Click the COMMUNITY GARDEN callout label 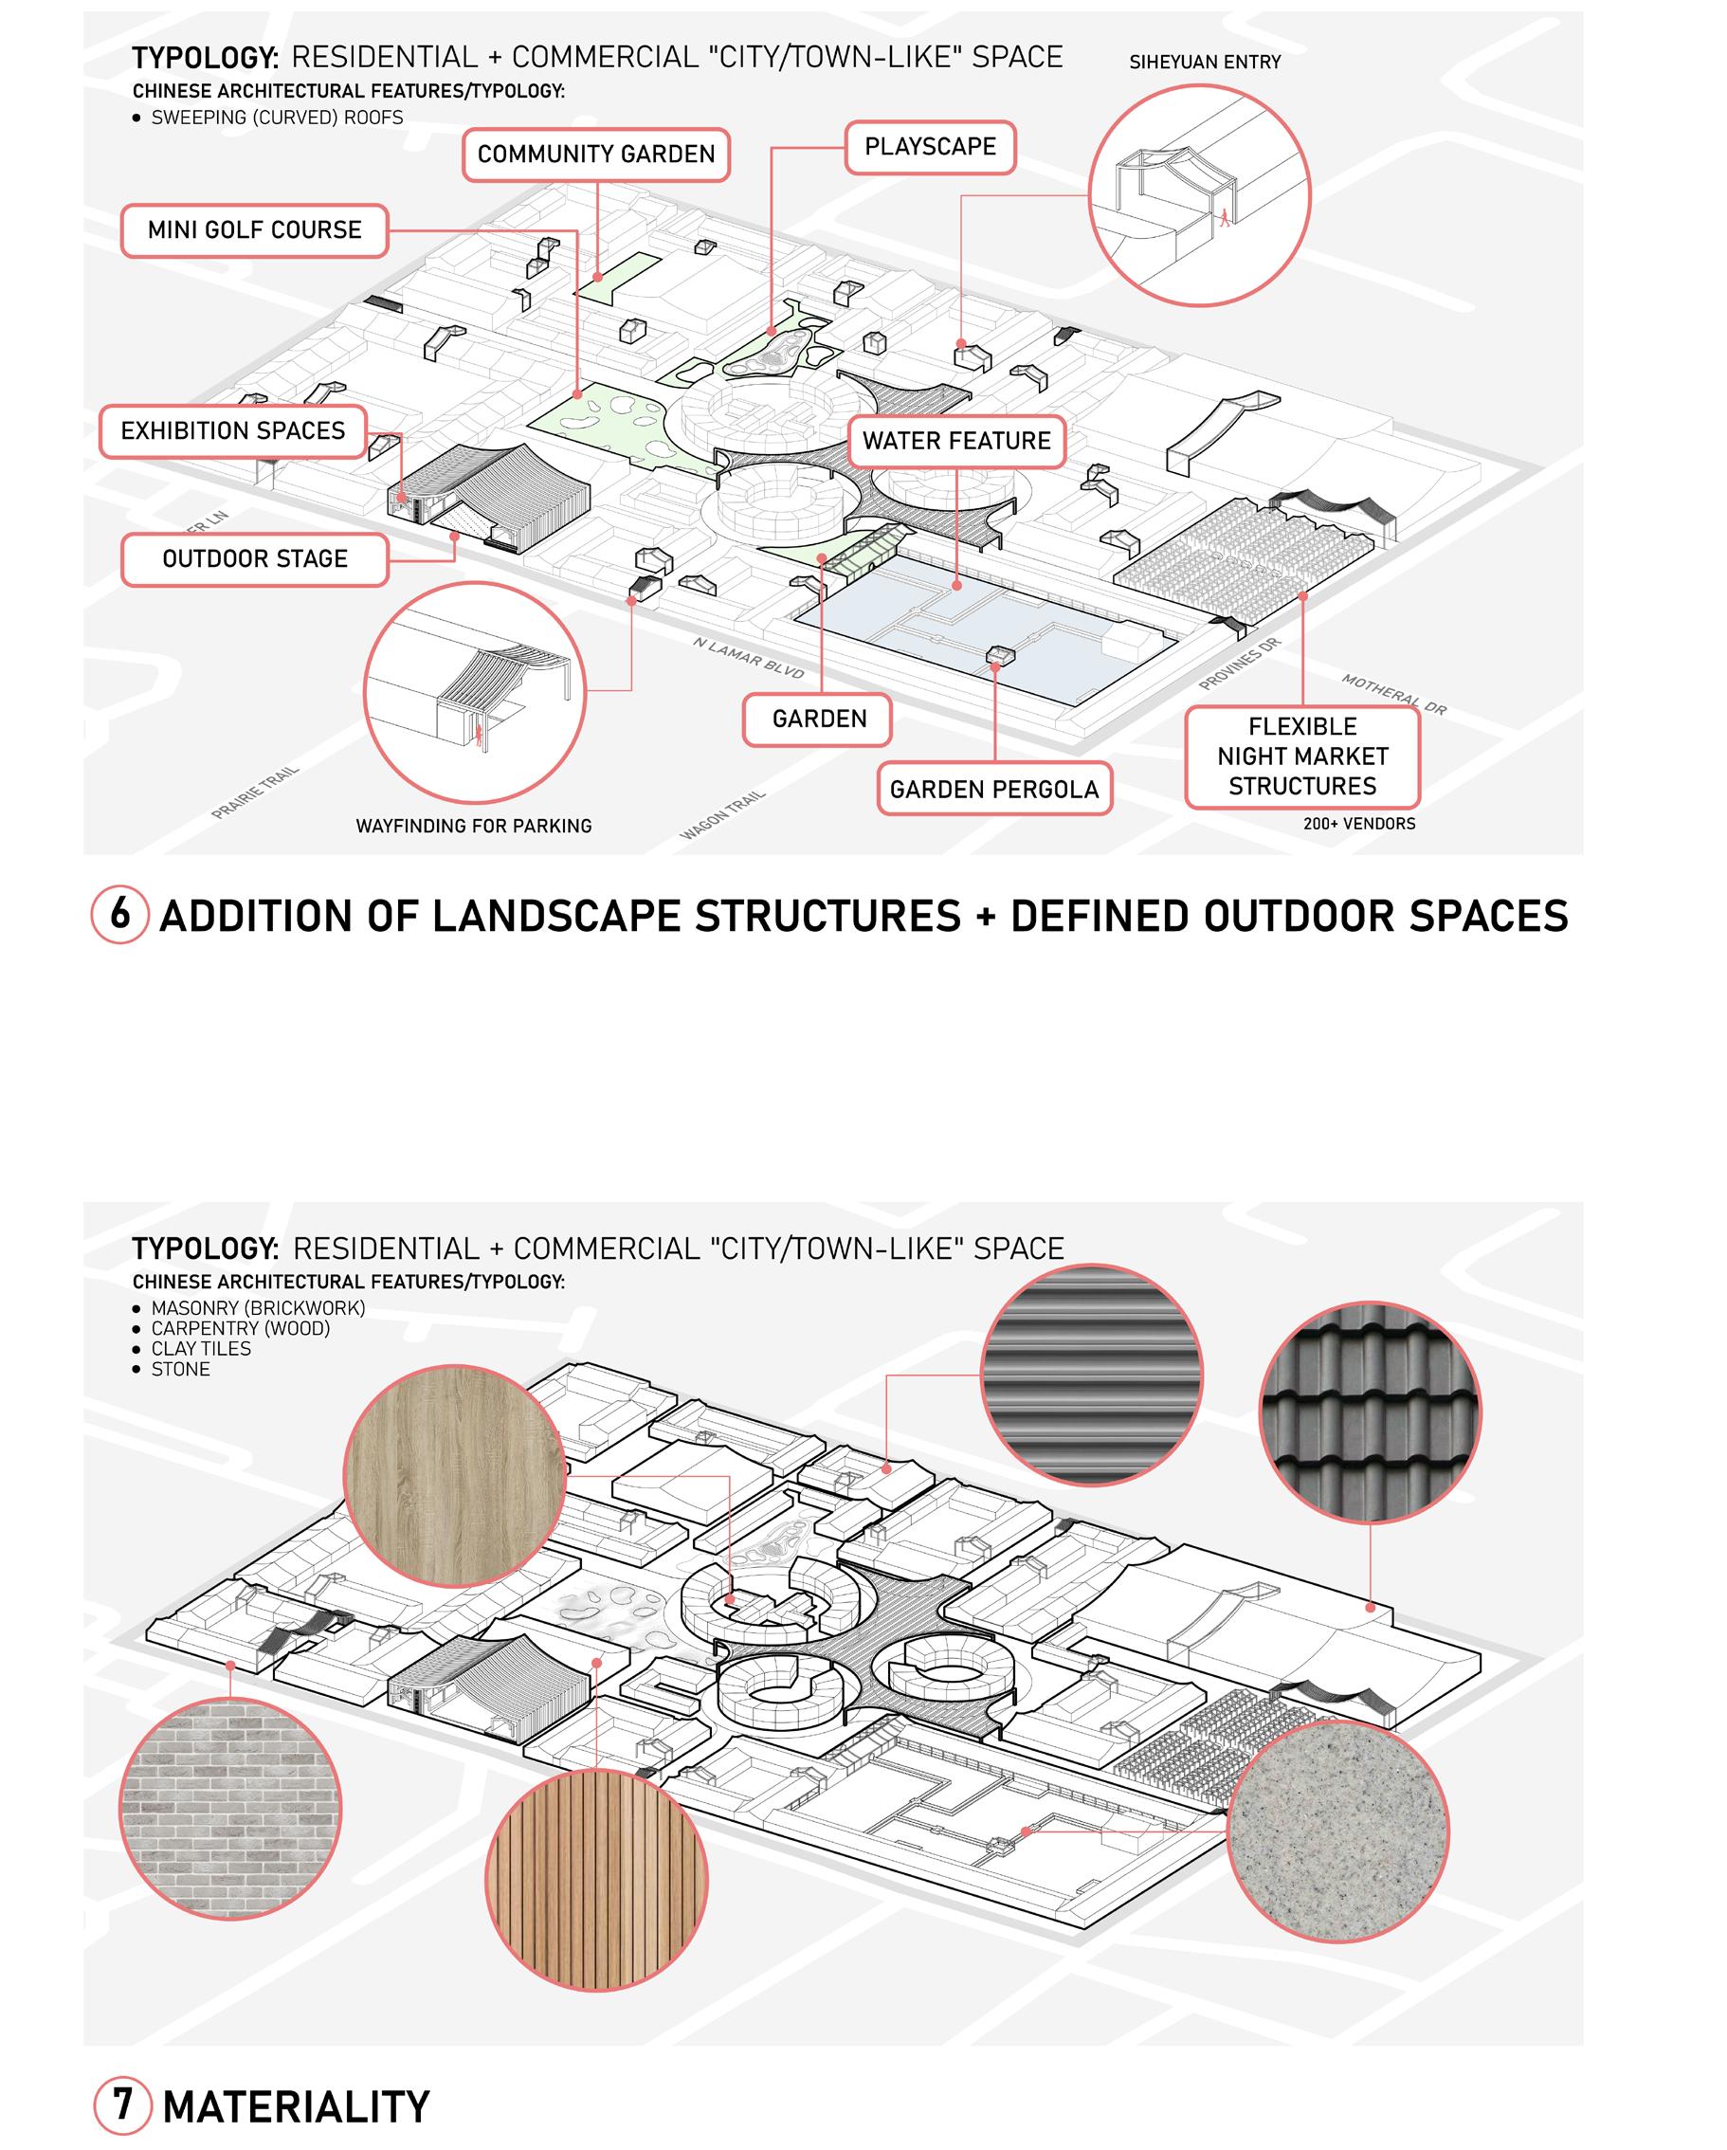point(596,155)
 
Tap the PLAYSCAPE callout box point(929,147)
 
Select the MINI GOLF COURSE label point(254,230)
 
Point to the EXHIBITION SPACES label point(232,430)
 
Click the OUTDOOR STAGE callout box point(254,558)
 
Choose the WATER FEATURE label point(956,441)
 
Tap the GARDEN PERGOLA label point(993,789)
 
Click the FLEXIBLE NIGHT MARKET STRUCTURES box point(1301,756)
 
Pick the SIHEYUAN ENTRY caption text point(1205,62)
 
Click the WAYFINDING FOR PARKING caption point(474,826)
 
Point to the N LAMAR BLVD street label point(748,658)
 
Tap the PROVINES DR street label point(1239,665)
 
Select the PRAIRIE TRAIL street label point(255,793)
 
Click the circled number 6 point(119,914)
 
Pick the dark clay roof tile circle point(1369,1412)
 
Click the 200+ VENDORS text point(1358,824)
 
